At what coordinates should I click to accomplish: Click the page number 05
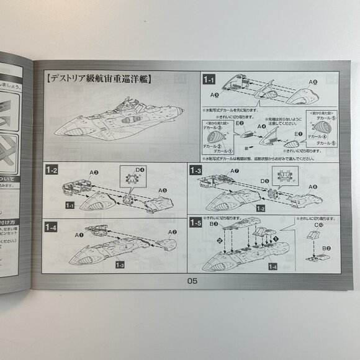pyautogui.click(x=191, y=280)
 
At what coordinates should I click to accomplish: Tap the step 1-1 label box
pyautogui.click(x=207, y=79)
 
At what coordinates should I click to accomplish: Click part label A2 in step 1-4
pyautogui.click(x=172, y=232)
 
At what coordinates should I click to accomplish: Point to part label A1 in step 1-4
pyautogui.click(x=79, y=236)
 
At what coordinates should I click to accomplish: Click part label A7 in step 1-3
pyautogui.click(x=233, y=170)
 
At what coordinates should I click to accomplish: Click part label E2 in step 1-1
pyautogui.click(x=238, y=124)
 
